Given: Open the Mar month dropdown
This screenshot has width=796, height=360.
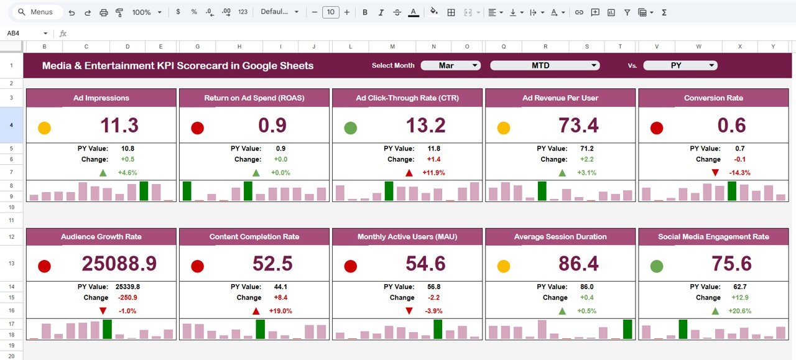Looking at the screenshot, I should [451, 65].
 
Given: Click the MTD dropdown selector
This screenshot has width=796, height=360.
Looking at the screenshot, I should [545, 65].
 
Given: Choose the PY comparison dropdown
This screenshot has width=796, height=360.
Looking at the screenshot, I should [680, 65].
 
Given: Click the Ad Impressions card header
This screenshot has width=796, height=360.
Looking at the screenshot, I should [101, 98].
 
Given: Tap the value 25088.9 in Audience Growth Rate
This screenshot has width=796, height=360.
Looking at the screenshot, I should [119, 264].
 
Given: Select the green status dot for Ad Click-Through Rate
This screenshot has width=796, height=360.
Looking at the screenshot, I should [350, 128].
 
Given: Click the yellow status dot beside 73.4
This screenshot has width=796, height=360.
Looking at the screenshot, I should [503, 128].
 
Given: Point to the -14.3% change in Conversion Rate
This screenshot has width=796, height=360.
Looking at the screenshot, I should [739, 172].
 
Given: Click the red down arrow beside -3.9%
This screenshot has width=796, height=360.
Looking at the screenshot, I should [409, 311].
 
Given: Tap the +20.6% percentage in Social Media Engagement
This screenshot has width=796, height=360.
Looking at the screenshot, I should [739, 311].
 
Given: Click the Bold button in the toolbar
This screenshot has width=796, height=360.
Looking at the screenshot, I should [365, 12].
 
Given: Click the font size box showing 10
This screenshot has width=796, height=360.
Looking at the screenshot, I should [330, 12].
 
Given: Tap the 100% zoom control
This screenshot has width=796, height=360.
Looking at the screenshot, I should [146, 12].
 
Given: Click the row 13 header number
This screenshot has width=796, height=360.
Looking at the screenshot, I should [11, 264].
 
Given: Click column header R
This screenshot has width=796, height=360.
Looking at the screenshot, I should [545, 47].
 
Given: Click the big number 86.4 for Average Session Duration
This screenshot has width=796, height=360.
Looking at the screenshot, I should [578, 264].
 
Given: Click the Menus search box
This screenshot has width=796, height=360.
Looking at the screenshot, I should [39, 12].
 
